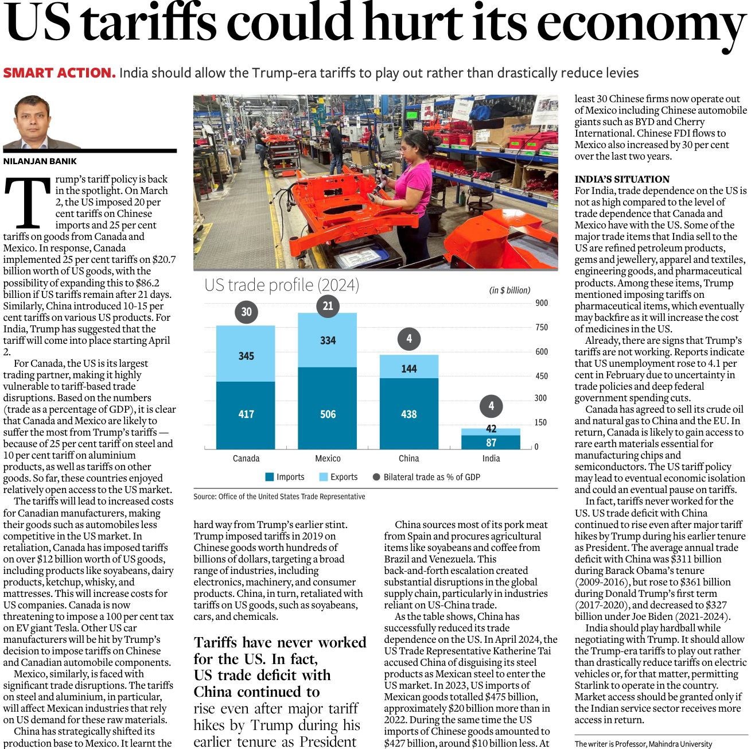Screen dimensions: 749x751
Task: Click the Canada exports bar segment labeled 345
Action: [x=246, y=354]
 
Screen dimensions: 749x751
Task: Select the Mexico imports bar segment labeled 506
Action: [x=327, y=409]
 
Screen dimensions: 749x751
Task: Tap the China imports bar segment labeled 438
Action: [x=408, y=413]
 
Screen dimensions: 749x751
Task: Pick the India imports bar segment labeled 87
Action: [x=491, y=443]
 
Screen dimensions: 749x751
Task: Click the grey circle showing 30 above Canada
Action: [x=246, y=312]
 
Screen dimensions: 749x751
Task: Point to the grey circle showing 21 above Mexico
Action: [x=328, y=306]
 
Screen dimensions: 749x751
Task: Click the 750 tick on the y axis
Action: [x=541, y=327]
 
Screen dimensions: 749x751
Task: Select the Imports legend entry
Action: [x=285, y=477]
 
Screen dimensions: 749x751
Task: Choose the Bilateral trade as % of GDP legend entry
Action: [x=426, y=477]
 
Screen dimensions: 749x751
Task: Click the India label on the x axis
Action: [x=491, y=458]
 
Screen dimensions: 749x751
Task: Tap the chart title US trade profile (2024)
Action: [x=282, y=285]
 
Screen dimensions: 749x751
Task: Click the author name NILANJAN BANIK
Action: [x=40, y=161]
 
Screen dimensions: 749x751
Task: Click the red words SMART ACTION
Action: [x=59, y=73]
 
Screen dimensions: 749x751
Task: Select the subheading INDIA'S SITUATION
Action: [x=622, y=179]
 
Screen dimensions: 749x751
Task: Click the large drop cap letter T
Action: [x=27, y=202]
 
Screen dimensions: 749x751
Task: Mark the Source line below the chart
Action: [x=279, y=496]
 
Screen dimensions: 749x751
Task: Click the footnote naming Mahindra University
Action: [x=643, y=744]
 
